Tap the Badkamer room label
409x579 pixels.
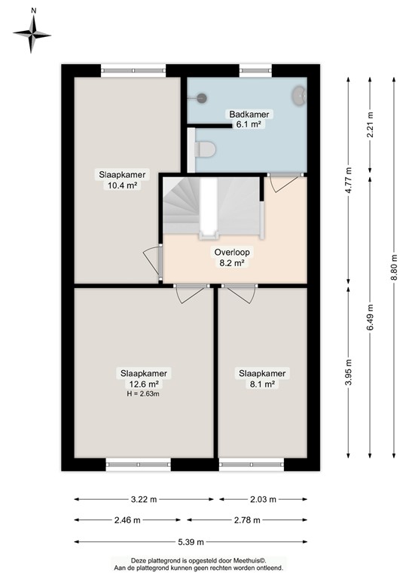coord(249,115)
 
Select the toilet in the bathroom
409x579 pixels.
coord(204,150)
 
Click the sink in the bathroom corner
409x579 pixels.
coord(300,96)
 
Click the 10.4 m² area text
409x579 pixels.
coord(121,185)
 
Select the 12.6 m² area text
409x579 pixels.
coord(143,383)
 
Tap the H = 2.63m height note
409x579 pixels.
coord(143,393)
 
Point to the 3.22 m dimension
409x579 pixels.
coord(143,499)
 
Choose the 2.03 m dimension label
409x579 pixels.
coord(262,499)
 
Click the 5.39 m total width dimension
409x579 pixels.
coord(190,541)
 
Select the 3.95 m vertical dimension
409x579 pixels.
coord(349,374)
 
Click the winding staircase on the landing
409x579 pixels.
coord(188,204)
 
